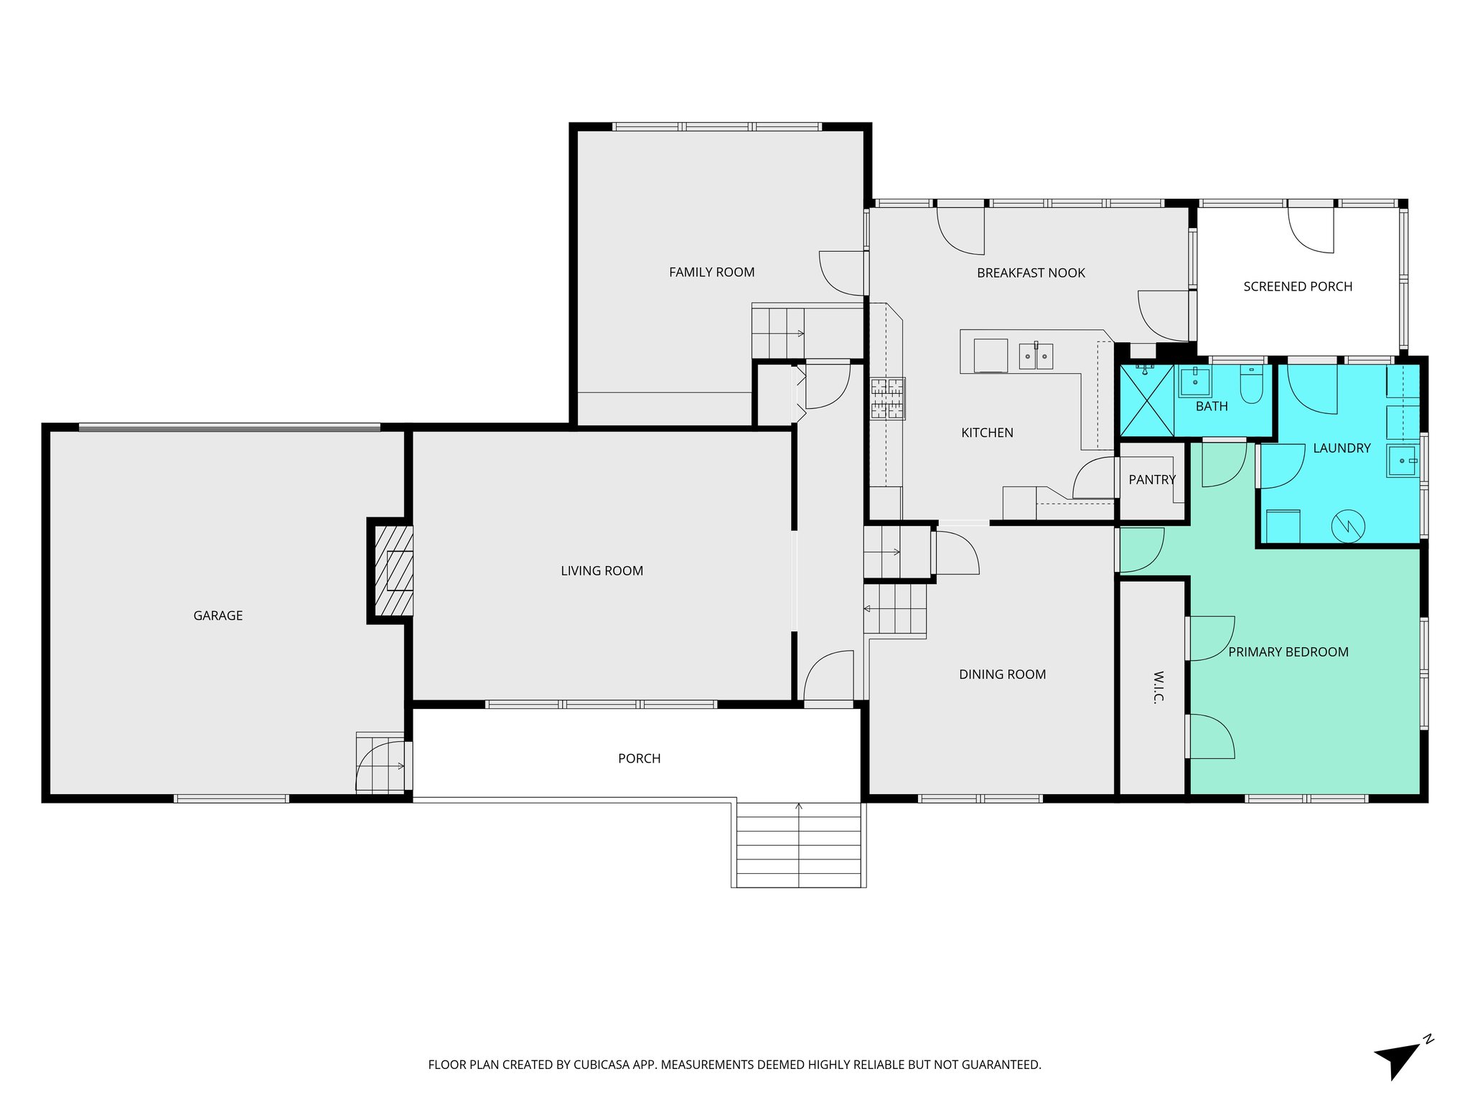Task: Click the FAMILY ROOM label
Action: [x=711, y=272]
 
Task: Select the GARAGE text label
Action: [x=217, y=616]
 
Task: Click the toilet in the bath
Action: [x=1251, y=385]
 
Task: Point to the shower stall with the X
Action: [x=1147, y=400]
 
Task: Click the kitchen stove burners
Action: [x=888, y=398]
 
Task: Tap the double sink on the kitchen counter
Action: [x=1036, y=356]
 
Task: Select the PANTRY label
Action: [x=1151, y=480]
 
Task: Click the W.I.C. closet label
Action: [x=1158, y=687]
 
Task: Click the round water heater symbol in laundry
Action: [x=1347, y=526]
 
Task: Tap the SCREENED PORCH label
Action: [x=1297, y=286]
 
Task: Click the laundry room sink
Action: [x=1402, y=461]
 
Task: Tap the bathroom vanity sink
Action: [x=1195, y=381]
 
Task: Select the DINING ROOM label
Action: [x=1002, y=674]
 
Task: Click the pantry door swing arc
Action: [x=1093, y=477]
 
